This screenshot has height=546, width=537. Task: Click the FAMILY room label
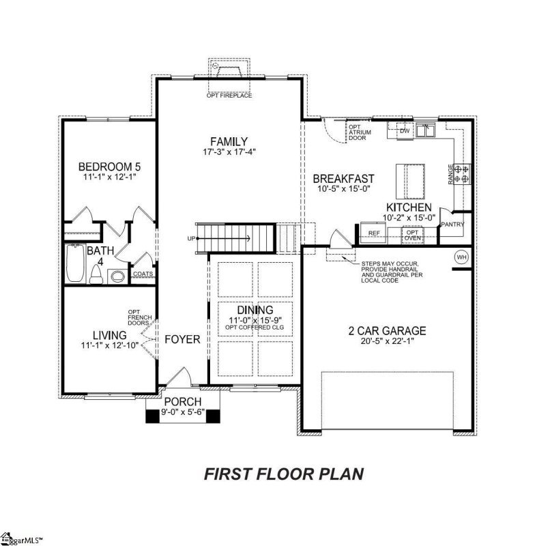click(x=229, y=141)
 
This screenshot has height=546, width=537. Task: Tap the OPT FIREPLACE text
click(x=229, y=96)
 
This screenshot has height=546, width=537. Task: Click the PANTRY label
click(x=452, y=224)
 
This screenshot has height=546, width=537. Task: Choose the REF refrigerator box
click(x=374, y=233)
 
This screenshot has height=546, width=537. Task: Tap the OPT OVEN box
click(x=412, y=233)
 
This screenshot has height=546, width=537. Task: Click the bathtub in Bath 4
click(x=74, y=263)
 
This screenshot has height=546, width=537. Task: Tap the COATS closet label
click(x=143, y=274)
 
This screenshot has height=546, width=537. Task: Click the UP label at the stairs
click(x=191, y=238)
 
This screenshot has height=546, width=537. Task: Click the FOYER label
click(x=182, y=339)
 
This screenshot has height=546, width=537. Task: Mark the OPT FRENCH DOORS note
click(x=134, y=317)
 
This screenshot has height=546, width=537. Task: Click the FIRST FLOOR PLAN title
click(x=285, y=474)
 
